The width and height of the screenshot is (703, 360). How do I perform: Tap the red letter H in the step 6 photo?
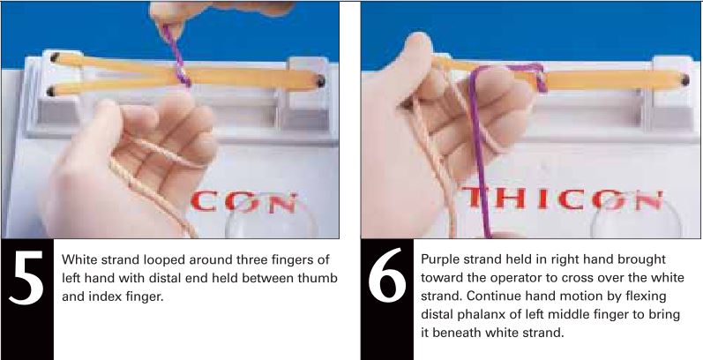504,203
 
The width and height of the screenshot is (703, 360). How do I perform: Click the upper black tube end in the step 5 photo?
54,57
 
